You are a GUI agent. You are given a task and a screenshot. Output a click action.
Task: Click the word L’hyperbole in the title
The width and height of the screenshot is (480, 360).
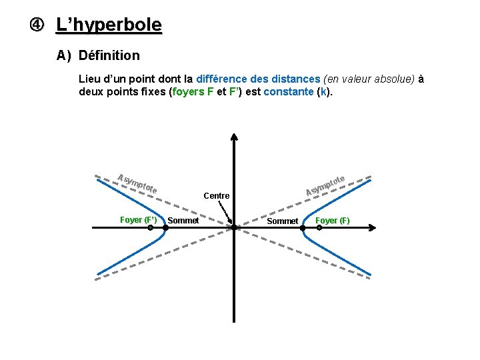[109, 25]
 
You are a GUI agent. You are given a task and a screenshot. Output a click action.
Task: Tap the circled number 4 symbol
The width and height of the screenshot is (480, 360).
[35, 25]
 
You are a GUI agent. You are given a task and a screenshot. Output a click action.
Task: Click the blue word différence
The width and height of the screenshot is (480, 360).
[225, 79]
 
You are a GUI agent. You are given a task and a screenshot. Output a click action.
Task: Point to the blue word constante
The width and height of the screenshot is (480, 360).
[288, 91]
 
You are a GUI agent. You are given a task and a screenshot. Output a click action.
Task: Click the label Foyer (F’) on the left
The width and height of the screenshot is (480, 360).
[138, 220]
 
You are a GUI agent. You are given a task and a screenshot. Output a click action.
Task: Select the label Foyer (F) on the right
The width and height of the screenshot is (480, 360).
[332, 221]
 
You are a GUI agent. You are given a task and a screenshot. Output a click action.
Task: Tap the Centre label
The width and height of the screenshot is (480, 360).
[217, 196]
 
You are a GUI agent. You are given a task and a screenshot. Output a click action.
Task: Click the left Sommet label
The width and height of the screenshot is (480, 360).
[183, 221]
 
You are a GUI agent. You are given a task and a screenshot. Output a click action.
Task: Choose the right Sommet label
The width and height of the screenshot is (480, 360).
[283, 221]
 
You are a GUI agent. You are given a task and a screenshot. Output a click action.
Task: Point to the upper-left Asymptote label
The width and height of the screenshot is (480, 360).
[137, 184]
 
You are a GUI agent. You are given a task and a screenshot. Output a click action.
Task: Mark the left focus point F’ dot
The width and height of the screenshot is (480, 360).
[151, 227]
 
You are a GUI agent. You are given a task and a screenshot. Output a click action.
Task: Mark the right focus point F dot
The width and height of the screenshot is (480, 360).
[319, 227]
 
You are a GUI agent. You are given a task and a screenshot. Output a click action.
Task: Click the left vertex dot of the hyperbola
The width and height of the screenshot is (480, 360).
[166, 227]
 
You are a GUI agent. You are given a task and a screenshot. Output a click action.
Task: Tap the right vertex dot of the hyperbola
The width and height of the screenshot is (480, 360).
[303, 227]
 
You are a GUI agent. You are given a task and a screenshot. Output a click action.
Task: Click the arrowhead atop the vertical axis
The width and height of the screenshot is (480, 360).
[235, 137]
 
